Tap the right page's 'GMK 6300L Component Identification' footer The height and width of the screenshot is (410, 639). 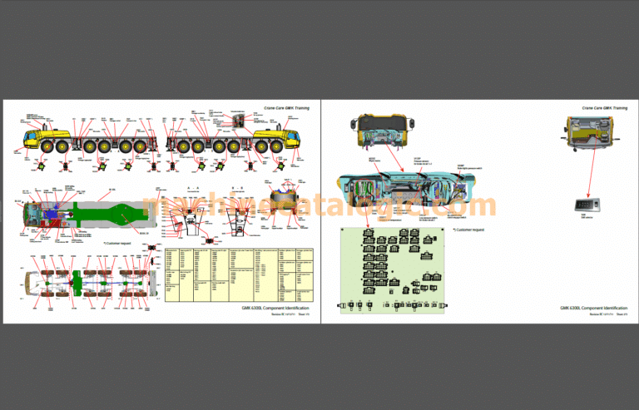(x=594, y=308)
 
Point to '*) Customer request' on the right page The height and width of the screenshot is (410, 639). (x=468, y=229)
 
